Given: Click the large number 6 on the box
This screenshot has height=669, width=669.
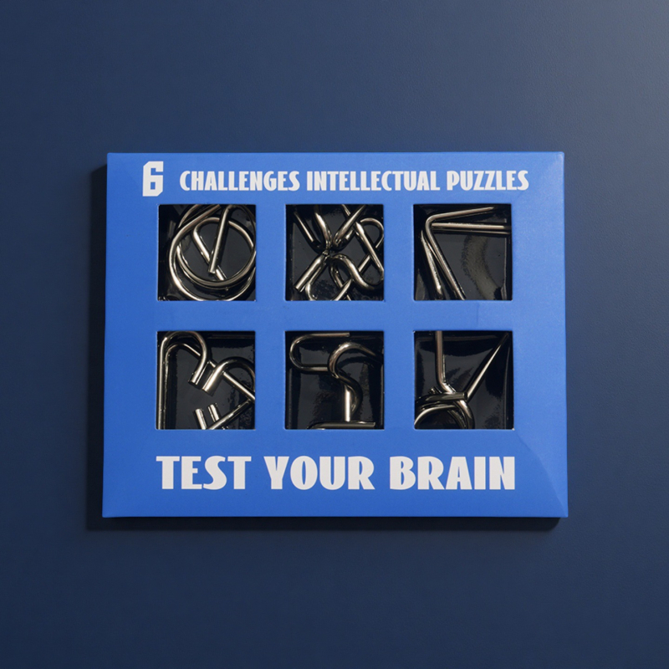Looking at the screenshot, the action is (153, 179).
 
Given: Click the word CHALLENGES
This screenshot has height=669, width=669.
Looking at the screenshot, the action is (240, 181).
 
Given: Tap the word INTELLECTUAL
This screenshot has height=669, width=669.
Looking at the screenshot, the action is (373, 181).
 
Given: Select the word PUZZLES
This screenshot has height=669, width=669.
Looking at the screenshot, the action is (488, 181).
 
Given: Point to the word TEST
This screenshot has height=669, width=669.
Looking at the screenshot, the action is (203, 472).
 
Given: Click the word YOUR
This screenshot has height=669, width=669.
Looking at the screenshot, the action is (319, 472).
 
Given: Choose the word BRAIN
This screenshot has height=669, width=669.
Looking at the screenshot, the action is (452, 472).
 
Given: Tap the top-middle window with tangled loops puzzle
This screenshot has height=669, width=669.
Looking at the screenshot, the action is (334, 253).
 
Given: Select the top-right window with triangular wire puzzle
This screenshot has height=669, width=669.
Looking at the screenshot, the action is (462, 253).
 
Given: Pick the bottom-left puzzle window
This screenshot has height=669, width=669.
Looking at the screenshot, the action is (206, 380).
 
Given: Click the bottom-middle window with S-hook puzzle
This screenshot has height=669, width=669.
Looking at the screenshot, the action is (334, 380).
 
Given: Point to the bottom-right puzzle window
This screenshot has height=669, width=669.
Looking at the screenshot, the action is (463, 380).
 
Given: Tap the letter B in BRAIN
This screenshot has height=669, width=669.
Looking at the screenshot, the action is (402, 472).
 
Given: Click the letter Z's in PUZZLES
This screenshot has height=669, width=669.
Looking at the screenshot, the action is (483, 181).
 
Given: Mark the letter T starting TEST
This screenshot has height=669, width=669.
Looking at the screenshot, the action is (169, 472).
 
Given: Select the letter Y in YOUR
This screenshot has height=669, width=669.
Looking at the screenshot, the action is (278, 472).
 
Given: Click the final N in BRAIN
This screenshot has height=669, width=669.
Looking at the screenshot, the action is (502, 472).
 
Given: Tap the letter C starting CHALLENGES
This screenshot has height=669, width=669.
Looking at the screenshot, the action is (185, 181).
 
